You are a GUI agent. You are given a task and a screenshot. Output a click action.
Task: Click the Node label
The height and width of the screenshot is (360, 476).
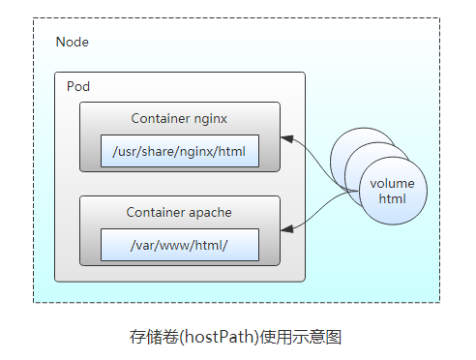[x=73, y=42]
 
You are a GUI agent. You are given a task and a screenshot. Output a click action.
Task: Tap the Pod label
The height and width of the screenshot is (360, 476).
[x=78, y=86]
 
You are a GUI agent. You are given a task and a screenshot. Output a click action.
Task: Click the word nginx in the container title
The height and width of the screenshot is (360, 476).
[x=211, y=119]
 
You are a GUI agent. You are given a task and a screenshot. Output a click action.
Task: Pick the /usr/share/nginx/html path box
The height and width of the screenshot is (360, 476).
[x=180, y=151]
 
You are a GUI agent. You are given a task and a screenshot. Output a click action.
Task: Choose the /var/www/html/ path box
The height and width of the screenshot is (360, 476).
[x=180, y=245]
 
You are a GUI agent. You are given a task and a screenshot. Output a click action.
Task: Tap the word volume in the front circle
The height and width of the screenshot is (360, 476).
[x=392, y=184]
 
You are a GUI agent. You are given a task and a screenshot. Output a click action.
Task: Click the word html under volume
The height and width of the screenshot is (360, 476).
[x=392, y=198]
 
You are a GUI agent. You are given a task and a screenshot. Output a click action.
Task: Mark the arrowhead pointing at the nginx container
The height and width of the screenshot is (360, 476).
[x=287, y=138]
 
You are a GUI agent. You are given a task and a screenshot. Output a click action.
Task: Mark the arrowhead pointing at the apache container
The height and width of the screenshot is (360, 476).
[x=287, y=229]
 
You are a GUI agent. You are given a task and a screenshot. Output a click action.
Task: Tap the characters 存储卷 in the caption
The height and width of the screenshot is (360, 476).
[x=154, y=337]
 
